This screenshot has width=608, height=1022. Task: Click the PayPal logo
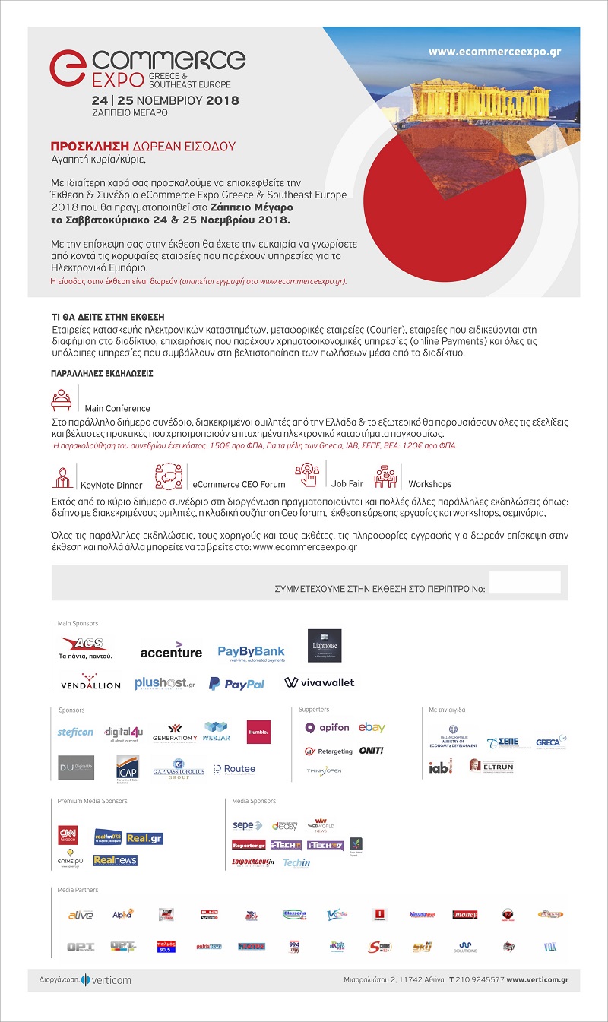click(237, 683)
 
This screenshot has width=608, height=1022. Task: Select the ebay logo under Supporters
click(372, 727)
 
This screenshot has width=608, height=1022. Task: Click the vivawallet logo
click(319, 682)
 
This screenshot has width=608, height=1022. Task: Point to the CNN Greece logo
click(68, 836)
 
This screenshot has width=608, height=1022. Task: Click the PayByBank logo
click(251, 653)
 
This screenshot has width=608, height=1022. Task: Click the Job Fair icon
click(308, 475)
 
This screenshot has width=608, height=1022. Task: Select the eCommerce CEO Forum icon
click(169, 476)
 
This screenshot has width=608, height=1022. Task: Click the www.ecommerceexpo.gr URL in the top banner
click(494, 52)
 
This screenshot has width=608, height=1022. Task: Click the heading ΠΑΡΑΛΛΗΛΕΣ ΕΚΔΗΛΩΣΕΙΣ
click(102, 375)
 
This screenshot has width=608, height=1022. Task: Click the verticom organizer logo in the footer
click(106, 979)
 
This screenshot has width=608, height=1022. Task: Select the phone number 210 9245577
click(479, 980)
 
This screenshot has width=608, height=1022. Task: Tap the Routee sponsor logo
click(235, 769)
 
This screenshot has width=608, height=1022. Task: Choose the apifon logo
click(327, 727)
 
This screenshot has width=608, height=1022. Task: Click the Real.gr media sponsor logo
click(144, 839)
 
